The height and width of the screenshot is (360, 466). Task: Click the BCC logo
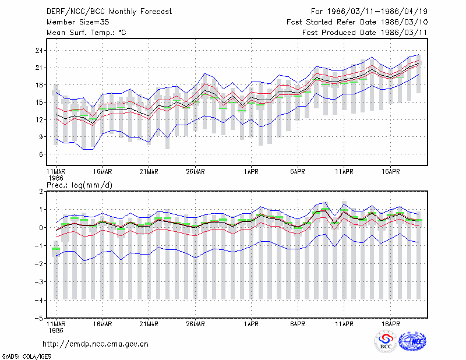tap(386, 341)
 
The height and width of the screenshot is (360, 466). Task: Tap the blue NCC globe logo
tap(412, 341)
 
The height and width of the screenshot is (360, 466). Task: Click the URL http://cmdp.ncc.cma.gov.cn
tap(96, 344)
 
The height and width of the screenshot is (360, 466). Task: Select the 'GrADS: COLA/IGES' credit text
tap(26, 357)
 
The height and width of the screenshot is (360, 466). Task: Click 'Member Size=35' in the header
tap(78, 22)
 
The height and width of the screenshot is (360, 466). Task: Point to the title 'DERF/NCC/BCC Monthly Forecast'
tap(109, 12)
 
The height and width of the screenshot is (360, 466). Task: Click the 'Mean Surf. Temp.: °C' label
tap(86, 33)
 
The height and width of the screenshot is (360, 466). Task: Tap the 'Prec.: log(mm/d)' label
tap(79, 185)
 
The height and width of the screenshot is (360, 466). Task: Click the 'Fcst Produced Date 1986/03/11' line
tap(365, 33)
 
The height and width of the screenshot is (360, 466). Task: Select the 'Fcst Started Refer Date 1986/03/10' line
tap(357, 22)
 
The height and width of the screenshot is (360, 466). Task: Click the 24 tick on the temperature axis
tap(39, 51)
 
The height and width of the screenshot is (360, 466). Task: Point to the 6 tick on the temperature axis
tap(41, 154)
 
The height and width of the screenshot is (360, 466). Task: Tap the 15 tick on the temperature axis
tap(39, 103)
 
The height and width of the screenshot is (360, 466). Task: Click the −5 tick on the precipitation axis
tap(38, 318)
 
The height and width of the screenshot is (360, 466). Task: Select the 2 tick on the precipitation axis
tap(41, 192)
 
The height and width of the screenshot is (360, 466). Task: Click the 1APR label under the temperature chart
tap(251, 172)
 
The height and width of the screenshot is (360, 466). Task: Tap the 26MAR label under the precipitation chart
tap(195, 324)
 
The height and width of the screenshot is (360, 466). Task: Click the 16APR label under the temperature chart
tap(390, 172)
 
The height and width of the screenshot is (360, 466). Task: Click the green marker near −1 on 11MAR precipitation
tap(56, 249)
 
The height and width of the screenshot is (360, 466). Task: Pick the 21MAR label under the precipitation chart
tap(149, 324)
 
